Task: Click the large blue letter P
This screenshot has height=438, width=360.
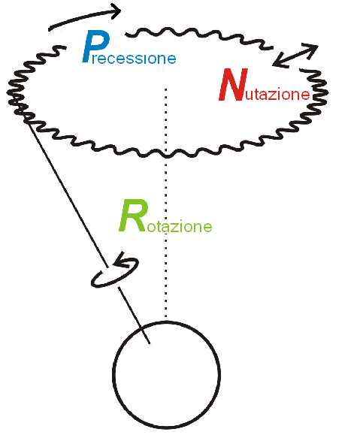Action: point(96,46)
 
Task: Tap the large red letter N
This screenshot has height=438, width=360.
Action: point(234,84)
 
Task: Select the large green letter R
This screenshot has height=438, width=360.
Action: point(133,216)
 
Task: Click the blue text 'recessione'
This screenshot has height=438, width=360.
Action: point(134,58)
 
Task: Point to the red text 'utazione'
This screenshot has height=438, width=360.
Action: point(278,94)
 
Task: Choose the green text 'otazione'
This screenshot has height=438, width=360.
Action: point(179,226)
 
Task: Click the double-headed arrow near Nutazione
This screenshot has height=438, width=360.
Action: point(295,56)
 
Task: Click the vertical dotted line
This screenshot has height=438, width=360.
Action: point(166,203)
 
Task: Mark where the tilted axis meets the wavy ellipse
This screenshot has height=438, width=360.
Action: point(27,121)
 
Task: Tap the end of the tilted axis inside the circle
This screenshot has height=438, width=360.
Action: point(150,343)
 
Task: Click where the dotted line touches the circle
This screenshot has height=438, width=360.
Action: point(166,322)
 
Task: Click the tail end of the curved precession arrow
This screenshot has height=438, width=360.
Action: point(50,29)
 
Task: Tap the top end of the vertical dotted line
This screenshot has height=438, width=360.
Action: point(166,89)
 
